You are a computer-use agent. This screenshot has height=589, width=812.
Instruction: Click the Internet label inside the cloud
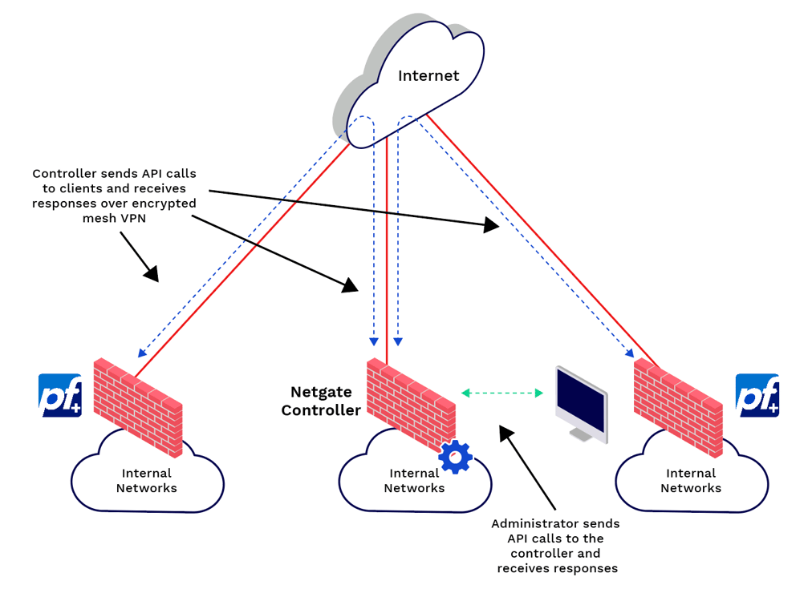click(x=428, y=76)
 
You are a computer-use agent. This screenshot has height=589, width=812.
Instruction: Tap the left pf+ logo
click(x=61, y=395)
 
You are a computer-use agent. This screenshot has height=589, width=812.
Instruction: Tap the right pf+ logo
click(x=757, y=395)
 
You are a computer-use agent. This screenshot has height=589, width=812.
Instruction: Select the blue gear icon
click(x=456, y=457)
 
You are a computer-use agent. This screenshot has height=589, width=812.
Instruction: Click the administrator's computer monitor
click(x=581, y=401)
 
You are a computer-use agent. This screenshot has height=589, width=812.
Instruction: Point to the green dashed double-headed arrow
click(x=503, y=393)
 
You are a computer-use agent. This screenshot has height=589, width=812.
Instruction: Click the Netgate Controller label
click(x=326, y=401)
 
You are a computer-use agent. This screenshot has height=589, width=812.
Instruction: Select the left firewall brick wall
click(x=138, y=405)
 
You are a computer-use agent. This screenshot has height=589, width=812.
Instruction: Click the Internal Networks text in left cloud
click(x=147, y=481)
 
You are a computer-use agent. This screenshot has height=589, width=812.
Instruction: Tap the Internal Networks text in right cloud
click(x=691, y=481)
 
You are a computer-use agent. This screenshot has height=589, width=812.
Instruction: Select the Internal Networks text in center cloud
click(x=414, y=481)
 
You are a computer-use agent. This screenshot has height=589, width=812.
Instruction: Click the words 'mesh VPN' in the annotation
click(x=114, y=217)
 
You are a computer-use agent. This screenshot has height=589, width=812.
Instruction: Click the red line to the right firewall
click(x=546, y=240)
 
